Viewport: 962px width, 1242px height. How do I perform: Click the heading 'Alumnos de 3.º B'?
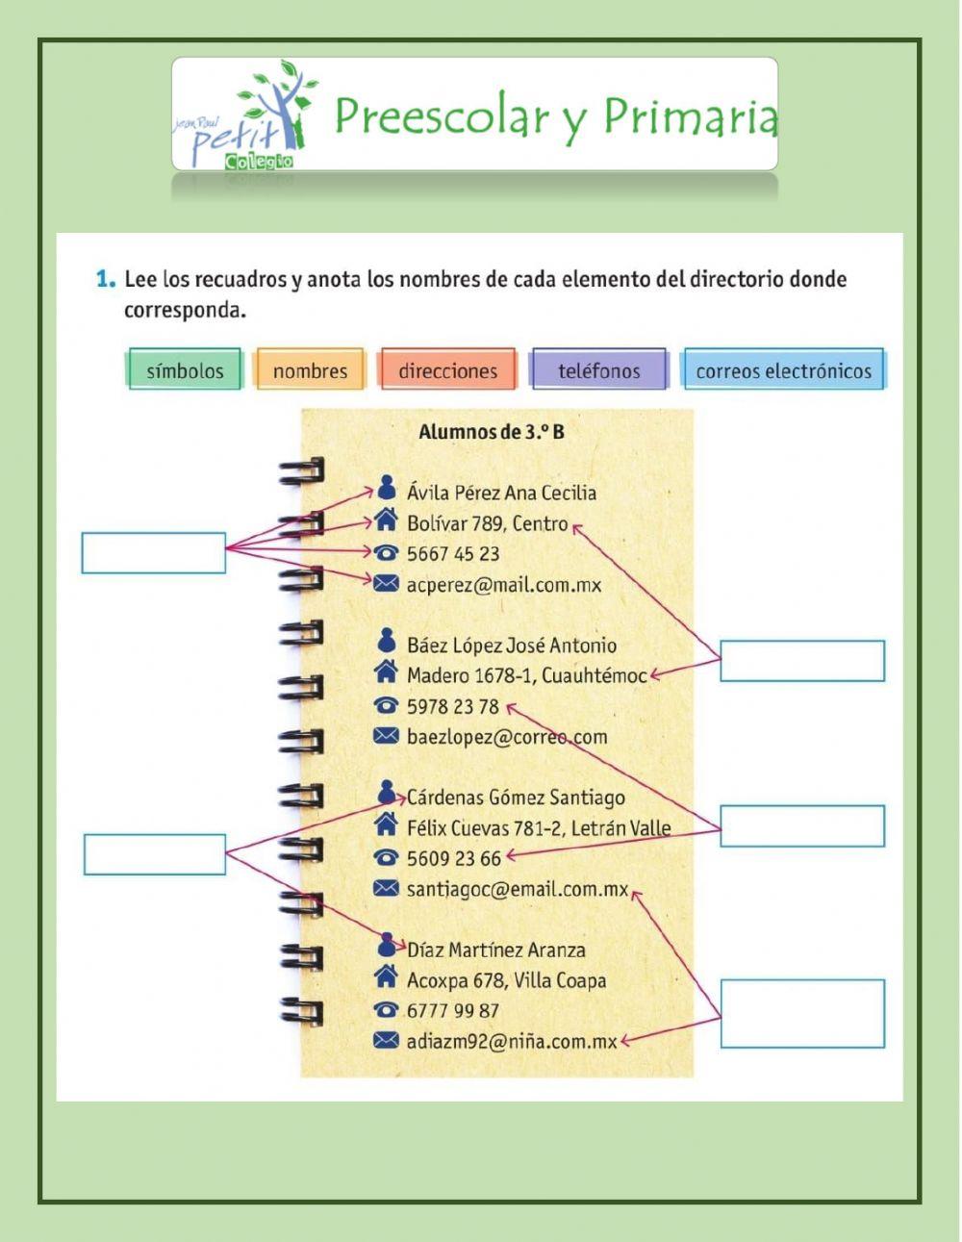click(x=492, y=432)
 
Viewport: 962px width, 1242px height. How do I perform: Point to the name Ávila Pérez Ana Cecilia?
click(x=501, y=493)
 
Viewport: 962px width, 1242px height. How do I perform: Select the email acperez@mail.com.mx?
click(x=504, y=584)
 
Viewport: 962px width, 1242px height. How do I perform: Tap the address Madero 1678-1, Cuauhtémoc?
click(x=526, y=675)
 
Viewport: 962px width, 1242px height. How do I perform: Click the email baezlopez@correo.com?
click(x=507, y=737)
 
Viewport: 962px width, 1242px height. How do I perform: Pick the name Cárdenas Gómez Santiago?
click(x=516, y=798)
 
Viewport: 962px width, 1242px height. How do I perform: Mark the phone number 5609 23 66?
click(x=454, y=858)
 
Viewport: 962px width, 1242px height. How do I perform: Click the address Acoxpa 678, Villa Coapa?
click(x=506, y=980)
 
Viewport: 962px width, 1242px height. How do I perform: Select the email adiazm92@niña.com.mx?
click(x=512, y=1041)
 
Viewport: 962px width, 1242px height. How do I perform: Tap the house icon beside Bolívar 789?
click(x=386, y=521)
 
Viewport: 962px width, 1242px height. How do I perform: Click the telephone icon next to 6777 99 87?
click(x=386, y=1010)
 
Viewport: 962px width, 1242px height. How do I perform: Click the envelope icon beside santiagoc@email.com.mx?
click(x=386, y=888)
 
